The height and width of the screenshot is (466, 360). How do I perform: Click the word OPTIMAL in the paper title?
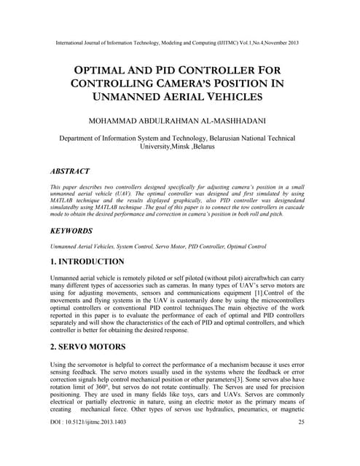point(106,72)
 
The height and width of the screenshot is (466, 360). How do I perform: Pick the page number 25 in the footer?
point(302,442)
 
